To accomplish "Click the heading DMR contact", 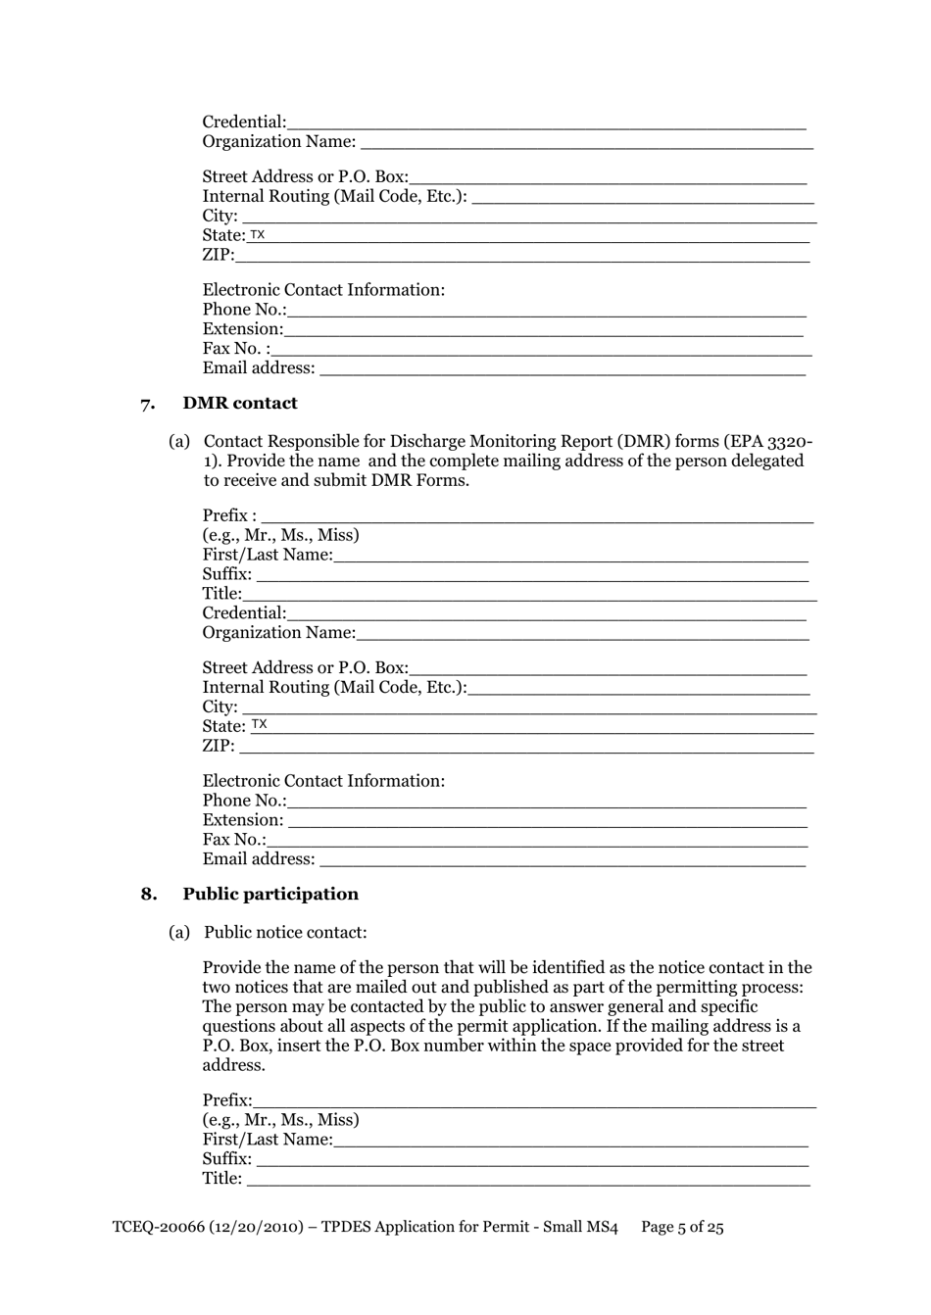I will (x=240, y=403).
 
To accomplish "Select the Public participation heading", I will (x=270, y=894).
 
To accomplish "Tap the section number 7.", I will (x=148, y=404).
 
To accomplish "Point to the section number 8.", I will (x=148, y=894).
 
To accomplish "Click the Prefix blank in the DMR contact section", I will (x=537, y=515).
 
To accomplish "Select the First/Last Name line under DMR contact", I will (x=570, y=555).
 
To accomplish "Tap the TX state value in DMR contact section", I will (x=259, y=725).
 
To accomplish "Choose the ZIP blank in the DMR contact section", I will (x=525, y=746).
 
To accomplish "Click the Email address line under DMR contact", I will (x=563, y=859).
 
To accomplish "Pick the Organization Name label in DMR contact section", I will (x=278, y=633).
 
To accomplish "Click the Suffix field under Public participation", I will (x=532, y=1159).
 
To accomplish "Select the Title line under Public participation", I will (x=528, y=1179).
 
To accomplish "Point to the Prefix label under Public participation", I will (x=226, y=1100).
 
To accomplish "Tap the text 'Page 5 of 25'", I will (x=682, y=1227).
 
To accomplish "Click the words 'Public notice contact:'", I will (x=285, y=933).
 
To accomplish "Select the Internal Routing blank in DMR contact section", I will (x=639, y=687).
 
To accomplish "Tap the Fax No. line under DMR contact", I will (x=537, y=840).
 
